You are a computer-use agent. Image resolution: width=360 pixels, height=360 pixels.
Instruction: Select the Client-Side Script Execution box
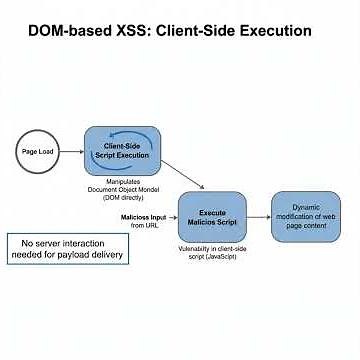coord(122,150)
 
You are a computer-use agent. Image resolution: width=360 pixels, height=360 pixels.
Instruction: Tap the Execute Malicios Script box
coord(212,216)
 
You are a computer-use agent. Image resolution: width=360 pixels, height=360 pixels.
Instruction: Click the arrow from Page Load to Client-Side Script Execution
coord(72,151)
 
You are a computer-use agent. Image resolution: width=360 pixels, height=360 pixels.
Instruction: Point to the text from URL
coord(144,226)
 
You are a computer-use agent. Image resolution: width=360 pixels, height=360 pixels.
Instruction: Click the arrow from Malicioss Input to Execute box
coord(170,218)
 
